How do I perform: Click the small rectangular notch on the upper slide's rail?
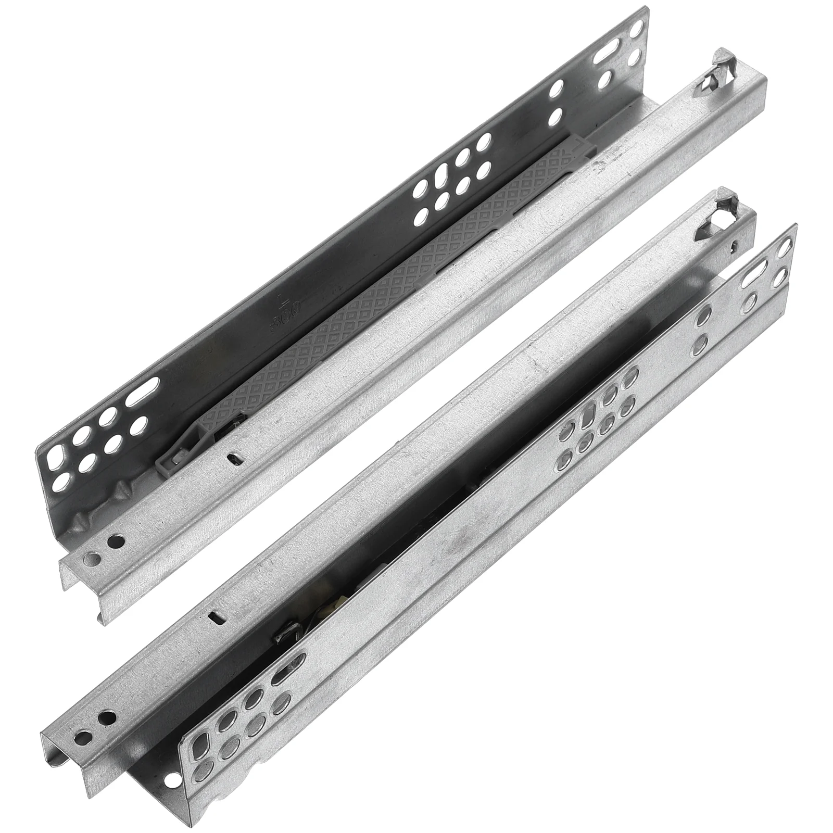pyautogui.click(x=234, y=458)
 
